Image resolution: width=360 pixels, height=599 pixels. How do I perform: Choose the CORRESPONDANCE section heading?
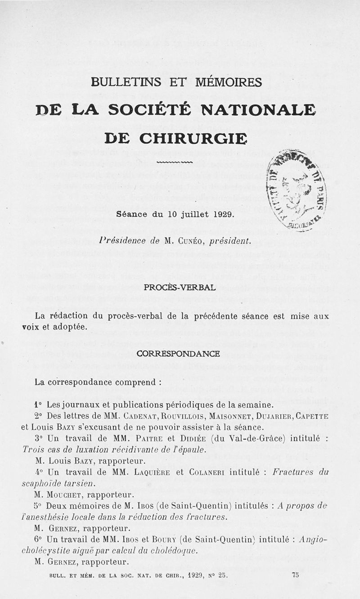tap(178, 354)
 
